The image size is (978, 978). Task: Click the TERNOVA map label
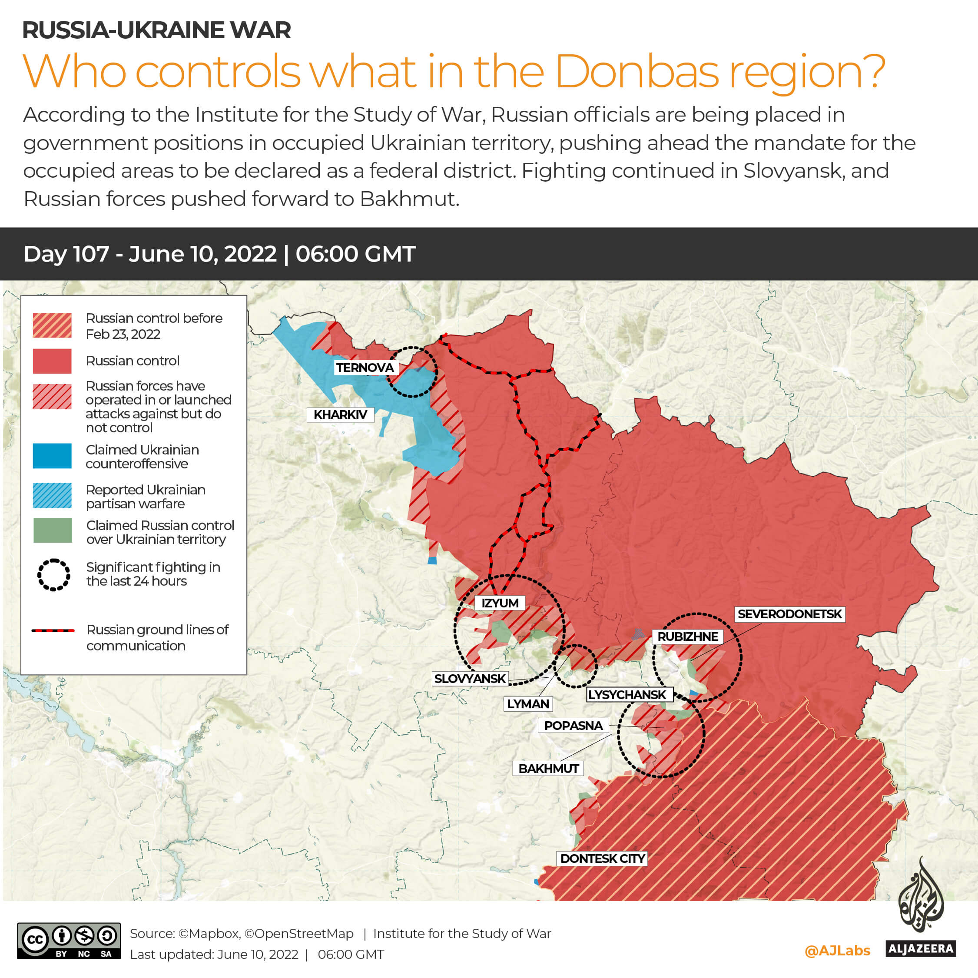click(365, 368)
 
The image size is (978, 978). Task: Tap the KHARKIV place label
click(340, 414)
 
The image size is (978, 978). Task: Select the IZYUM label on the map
click(500, 603)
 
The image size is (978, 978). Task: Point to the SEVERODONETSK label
click(789, 614)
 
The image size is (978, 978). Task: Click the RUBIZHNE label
click(687, 637)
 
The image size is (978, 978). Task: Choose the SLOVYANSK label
click(470, 678)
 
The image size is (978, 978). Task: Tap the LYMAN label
click(528, 704)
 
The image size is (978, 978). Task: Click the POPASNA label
click(573, 726)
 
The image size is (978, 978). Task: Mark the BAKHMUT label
click(548, 769)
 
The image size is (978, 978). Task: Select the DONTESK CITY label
click(602, 859)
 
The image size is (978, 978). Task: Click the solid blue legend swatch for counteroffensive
click(52, 456)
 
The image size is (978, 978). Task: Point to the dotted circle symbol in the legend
click(53, 574)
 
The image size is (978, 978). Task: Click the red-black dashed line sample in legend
click(53, 631)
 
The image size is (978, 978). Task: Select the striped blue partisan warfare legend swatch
click(52, 496)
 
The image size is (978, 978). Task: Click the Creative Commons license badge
click(69, 941)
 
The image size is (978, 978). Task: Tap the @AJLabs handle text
click(837, 951)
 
